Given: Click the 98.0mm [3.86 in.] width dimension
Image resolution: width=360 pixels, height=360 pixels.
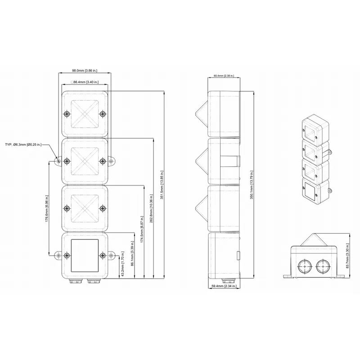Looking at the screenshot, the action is (85, 71).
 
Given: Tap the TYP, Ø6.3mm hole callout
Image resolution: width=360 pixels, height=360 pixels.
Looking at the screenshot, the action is (23, 144).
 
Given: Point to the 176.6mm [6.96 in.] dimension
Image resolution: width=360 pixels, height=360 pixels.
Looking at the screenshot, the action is (47, 208).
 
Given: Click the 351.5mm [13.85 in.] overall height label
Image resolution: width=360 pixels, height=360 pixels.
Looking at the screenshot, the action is (162, 185).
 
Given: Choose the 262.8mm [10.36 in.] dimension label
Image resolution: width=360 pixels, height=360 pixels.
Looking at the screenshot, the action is (151, 209).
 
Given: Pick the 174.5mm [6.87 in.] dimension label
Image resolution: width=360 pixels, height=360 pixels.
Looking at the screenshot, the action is (142, 229).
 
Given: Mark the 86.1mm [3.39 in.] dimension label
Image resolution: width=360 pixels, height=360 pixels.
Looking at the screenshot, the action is (132, 253).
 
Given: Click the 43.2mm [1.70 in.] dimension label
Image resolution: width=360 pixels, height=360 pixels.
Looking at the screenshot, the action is (122, 264).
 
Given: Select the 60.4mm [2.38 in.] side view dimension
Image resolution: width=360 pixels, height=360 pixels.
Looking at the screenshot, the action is (224, 76).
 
